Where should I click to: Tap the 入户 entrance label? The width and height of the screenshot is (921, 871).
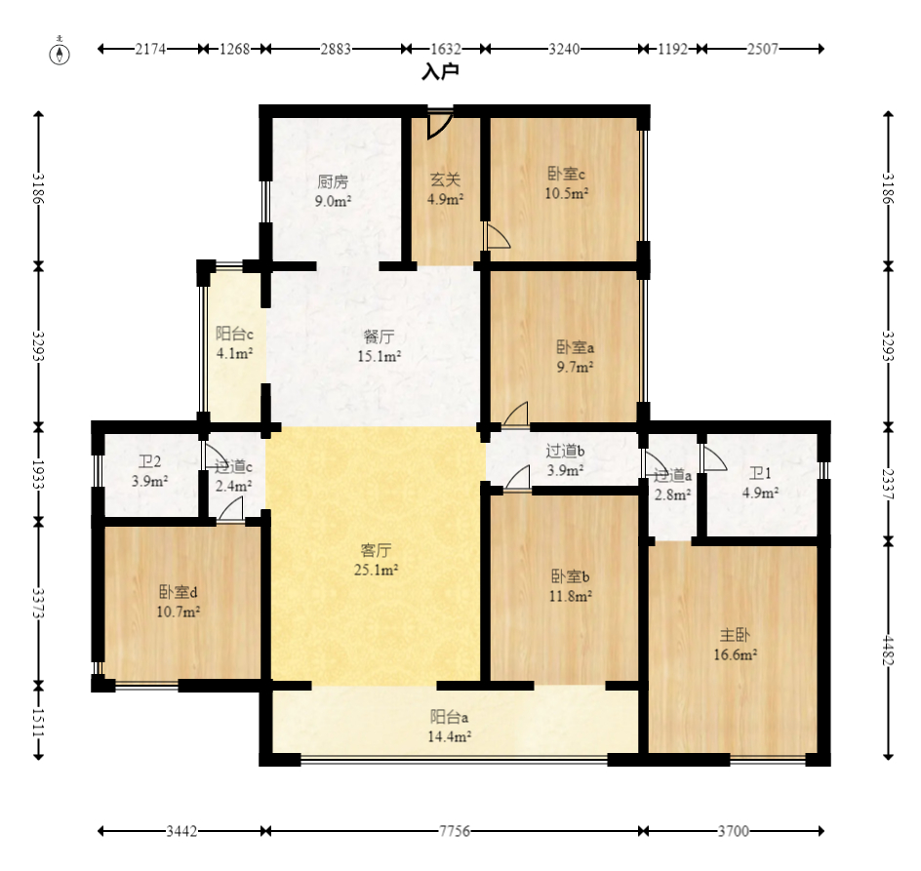[x=441, y=71]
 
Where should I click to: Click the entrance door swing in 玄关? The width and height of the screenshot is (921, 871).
[x=439, y=124]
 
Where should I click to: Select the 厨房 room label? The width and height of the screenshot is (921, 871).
[x=333, y=181]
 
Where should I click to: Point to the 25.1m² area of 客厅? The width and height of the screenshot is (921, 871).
[x=376, y=570]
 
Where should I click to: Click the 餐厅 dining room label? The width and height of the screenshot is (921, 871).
[x=379, y=337]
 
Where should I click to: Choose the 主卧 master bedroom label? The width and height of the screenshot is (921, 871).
[x=735, y=635]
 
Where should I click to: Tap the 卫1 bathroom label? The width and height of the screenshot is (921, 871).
[x=760, y=473]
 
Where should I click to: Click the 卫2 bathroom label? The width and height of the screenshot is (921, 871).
[x=150, y=461]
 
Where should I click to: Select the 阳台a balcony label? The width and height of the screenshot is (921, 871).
[x=450, y=717]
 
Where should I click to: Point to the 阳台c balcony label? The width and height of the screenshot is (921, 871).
[x=234, y=335]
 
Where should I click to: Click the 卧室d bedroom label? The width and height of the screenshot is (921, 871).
[x=178, y=592]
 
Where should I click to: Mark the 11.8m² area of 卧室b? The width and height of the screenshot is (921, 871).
[x=571, y=596]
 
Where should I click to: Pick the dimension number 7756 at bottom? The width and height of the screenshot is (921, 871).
[x=455, y=831]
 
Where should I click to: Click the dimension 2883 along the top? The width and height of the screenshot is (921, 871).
[x=336, y=49]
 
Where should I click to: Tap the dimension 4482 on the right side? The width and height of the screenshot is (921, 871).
[x=888, y=651]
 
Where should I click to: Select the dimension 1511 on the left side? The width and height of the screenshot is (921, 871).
[x=38, y=724]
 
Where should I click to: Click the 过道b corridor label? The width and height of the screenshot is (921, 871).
[x=565, y=451]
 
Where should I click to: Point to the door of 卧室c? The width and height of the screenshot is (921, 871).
[x=497, y=235]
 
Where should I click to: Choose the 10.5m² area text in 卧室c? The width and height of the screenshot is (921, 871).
[x=567, y=193]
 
